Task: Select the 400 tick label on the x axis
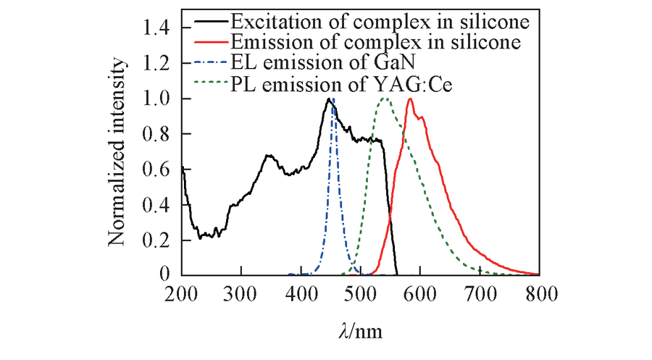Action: [301, 293]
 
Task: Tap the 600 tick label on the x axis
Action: [420, 293]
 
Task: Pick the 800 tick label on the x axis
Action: [539, 293]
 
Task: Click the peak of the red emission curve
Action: [411, 99]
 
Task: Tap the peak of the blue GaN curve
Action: [333, 99]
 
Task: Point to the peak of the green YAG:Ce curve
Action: [385, 99]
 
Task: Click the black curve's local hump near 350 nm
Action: [268, 155]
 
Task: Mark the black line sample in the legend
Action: [207, 22]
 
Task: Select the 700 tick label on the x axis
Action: [480, 293]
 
